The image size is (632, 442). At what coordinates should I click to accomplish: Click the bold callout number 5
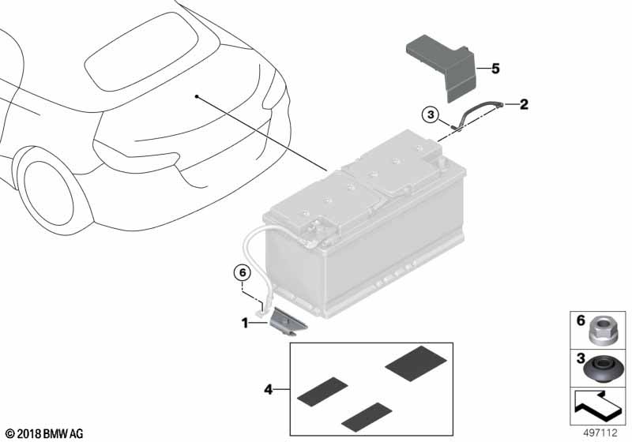click(x=495, y=69)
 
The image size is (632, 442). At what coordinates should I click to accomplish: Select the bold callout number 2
click(x=524, y=105)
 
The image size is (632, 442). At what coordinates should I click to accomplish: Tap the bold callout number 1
click(x=245, y=323)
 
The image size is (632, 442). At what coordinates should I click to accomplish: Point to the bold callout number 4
click(x=269, y=390)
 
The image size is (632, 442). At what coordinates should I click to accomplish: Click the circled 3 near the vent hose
click(x=431, y=115)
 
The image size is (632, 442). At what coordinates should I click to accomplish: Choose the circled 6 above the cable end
click(x=243, y=273)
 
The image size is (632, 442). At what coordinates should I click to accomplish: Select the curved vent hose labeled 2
click(x=476, y=110)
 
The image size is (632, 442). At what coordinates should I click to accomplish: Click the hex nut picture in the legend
click(x=600, y=331)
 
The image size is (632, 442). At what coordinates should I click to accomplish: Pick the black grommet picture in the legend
click(x=603, y=369)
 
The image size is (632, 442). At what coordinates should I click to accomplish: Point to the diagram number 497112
click(x=600, y=433)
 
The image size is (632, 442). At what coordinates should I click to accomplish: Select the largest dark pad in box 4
click(x=416, y=363)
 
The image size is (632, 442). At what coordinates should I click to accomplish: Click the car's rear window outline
click(x=141, y=52)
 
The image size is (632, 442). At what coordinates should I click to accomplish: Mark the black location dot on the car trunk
click(x=196, y=96)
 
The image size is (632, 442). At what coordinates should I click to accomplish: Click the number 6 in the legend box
click(x=581, y=320)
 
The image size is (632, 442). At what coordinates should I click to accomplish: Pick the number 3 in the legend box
click(x=581, y=358)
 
